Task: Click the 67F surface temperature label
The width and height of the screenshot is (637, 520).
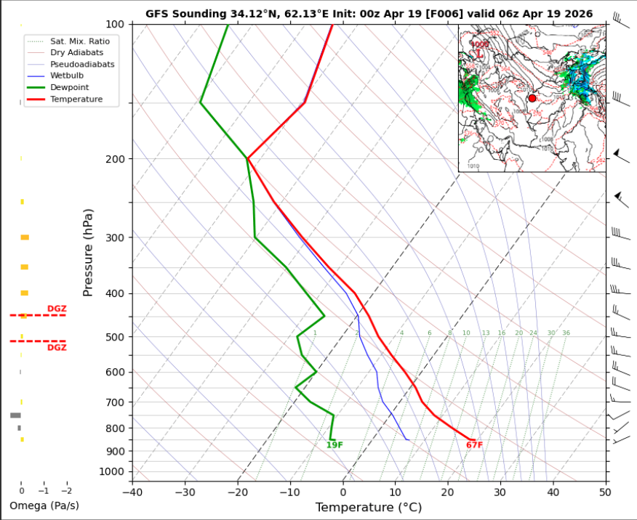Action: (474, 444)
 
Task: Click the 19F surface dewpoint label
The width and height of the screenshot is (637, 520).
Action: (334, 444)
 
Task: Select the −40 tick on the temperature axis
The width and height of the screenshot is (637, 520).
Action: (132, 492)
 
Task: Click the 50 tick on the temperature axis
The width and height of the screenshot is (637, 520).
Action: (605, 492)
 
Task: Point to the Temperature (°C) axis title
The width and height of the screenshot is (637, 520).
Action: (368, 507)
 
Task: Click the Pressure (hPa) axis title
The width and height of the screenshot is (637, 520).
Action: (88, 253)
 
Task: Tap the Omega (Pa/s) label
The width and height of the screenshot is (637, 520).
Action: (44, 505)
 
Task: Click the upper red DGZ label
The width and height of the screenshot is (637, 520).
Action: (57, 309)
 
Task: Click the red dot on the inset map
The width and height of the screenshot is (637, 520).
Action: (532, 98)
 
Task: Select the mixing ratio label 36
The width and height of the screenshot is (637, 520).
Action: (566, 333)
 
